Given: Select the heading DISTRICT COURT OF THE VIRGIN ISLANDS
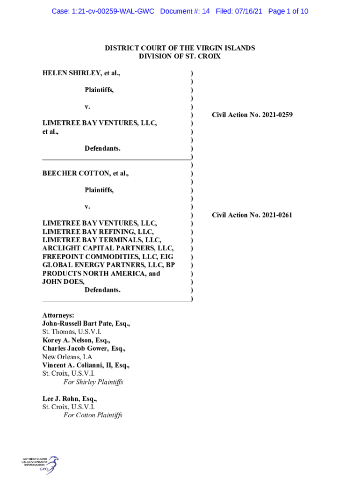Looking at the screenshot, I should click(180, 48).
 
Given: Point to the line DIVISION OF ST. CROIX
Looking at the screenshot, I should click(180, 57).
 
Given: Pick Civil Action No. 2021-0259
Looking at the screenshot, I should click(252, 115).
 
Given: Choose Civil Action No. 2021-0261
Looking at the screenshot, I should click(252, 215).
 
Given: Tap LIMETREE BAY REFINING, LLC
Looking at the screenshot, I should click(98, 232).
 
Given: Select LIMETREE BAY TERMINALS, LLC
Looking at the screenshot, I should click(102, 240).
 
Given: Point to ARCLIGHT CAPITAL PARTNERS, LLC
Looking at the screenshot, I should click(108, 248).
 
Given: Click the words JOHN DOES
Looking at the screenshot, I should click(63, 282).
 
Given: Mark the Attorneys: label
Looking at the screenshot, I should click(58, 315).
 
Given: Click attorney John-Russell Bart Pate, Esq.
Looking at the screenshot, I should click(86, 324).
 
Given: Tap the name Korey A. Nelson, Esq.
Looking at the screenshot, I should click(77, 340).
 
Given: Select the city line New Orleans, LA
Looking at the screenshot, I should click(67, 357).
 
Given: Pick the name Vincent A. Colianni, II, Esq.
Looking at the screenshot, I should click(86, 365).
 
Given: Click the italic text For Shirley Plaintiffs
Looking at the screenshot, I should click(93, 382).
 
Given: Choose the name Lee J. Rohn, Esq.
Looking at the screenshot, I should click(70, 399).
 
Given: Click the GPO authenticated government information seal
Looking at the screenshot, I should click(41, 465).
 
